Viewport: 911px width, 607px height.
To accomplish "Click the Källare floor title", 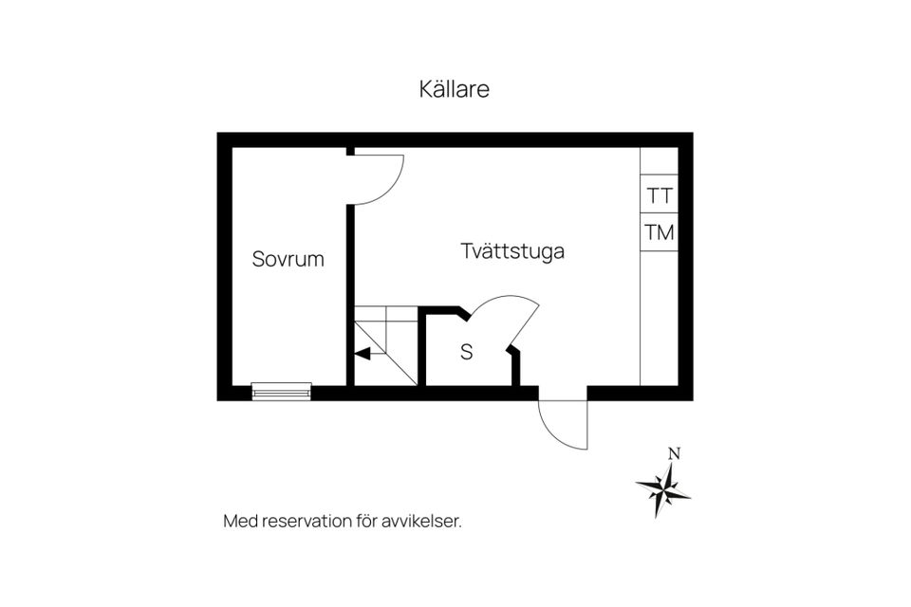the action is click(x=454, y=89).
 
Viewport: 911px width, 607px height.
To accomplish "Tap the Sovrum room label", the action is click(x=288, y=259).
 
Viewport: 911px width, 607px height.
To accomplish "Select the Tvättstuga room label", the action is click(x=512, y=251).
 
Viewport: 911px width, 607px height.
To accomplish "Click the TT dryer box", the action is click(x=659, y=194).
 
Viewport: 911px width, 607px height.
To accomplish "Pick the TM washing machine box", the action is click(x=659, y=232).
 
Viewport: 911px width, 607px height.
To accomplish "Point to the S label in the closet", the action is click(x=467, y=352).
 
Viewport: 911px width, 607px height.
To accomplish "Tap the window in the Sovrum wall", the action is click(x=281, y=392).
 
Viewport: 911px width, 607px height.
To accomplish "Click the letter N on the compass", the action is click(x=674, y=453).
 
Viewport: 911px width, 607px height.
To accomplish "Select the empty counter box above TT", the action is click(x=659, y=161).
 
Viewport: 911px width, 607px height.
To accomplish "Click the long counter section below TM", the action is click(x=659, y=319).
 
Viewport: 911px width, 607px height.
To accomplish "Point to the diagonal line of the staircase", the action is click(x=386, y=353).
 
